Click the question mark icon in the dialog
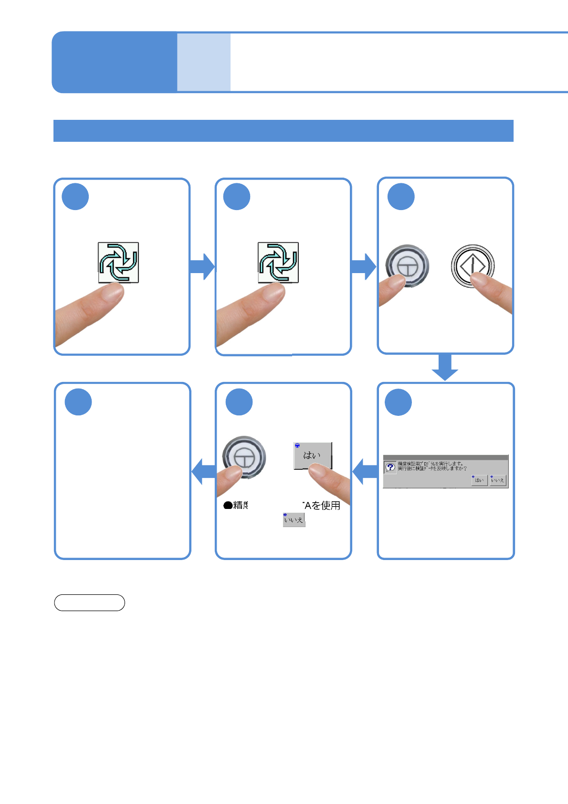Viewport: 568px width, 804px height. coord(390,467)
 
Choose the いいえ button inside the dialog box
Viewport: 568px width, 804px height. coord(497,480)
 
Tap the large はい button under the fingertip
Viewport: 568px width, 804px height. coord(312,455)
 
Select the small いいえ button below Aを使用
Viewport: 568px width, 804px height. coord(294,519)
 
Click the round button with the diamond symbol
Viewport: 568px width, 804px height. coord(473,265)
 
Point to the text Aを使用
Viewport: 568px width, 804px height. coord(322,506)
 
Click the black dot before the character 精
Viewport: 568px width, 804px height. coord(228,506)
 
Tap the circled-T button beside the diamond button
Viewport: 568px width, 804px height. coord(407,265)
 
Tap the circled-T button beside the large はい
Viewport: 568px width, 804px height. coord(244,456)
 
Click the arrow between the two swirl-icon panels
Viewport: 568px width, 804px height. coord(202,266)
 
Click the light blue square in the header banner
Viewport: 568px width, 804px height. coord(204,62)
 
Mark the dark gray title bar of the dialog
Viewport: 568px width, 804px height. coord(445,457)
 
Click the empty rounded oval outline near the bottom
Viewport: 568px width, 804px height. coord(90,603)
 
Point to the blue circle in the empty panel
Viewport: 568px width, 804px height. coord(78,402)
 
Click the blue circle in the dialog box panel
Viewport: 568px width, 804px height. coord(398,402)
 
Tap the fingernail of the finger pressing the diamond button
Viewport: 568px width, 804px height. coord(482,279)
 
